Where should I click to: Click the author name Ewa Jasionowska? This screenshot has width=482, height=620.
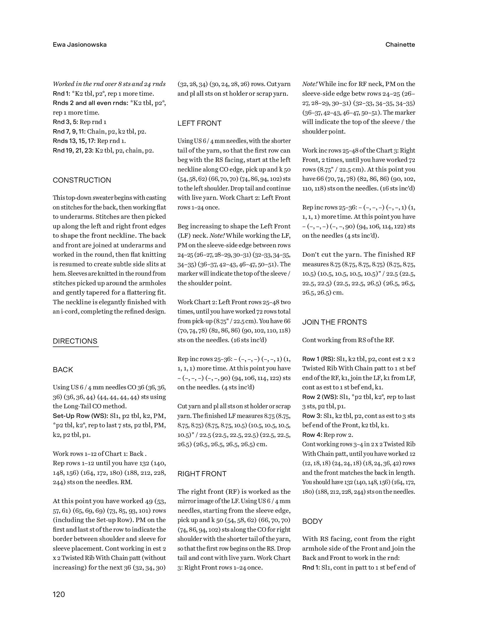[80, 45]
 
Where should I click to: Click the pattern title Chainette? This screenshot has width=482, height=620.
[400, 45]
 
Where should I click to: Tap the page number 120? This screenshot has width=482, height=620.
[59, 594]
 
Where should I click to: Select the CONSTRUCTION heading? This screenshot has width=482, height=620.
[82, 180]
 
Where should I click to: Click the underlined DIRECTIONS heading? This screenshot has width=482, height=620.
[75, 341]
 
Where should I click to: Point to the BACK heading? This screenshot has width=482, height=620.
[63, 370]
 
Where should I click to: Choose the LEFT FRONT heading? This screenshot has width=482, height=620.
[200, 123]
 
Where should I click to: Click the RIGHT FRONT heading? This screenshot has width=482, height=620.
[202, 474]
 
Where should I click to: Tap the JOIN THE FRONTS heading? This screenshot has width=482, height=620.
[335, 322]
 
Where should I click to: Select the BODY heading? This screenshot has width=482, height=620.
[312, 521]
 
